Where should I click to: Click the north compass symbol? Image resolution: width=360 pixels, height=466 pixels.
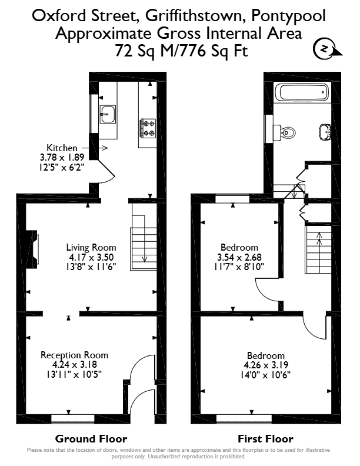[x=326, y=49]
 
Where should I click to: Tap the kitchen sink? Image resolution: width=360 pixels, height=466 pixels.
[x=108, y=114]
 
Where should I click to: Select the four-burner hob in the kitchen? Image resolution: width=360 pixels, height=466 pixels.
[x=148, y=128]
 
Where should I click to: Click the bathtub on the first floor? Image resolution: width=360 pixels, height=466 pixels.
[x=302, y=92]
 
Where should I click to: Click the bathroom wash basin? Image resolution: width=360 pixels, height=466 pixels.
[x=325, y=132]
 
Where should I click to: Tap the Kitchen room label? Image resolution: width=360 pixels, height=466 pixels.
[x=62, y=148]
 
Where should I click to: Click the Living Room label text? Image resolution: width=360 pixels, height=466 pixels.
[x=91, y=247]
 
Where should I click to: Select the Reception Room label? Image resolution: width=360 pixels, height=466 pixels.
[x=74, y=355]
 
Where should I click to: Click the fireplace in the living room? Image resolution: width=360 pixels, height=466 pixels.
[x=32, y=249]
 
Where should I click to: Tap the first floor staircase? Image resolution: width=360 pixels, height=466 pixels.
[x=318, y=249]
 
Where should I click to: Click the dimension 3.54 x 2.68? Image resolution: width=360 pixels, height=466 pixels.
[x=239, y=257]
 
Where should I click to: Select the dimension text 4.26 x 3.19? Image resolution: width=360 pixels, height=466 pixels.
[x=266, y=365]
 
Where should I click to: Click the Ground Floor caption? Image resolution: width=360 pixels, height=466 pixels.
[x=91, y=439]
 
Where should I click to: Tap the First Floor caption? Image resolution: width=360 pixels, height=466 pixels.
[x=265, y=439]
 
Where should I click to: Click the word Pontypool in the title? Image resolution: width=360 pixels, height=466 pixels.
[x=288, y=16]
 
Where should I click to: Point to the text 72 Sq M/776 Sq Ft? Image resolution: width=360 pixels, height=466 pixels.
[x=181, y=51]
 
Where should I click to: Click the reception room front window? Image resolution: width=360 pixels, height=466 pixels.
[x=73, y=418]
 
